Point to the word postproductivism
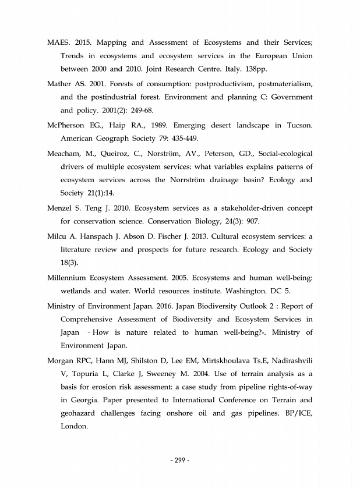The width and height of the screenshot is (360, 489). pos(221,83)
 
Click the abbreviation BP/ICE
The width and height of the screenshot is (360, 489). pos(295,417)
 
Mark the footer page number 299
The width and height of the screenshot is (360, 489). pos(180,460)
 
